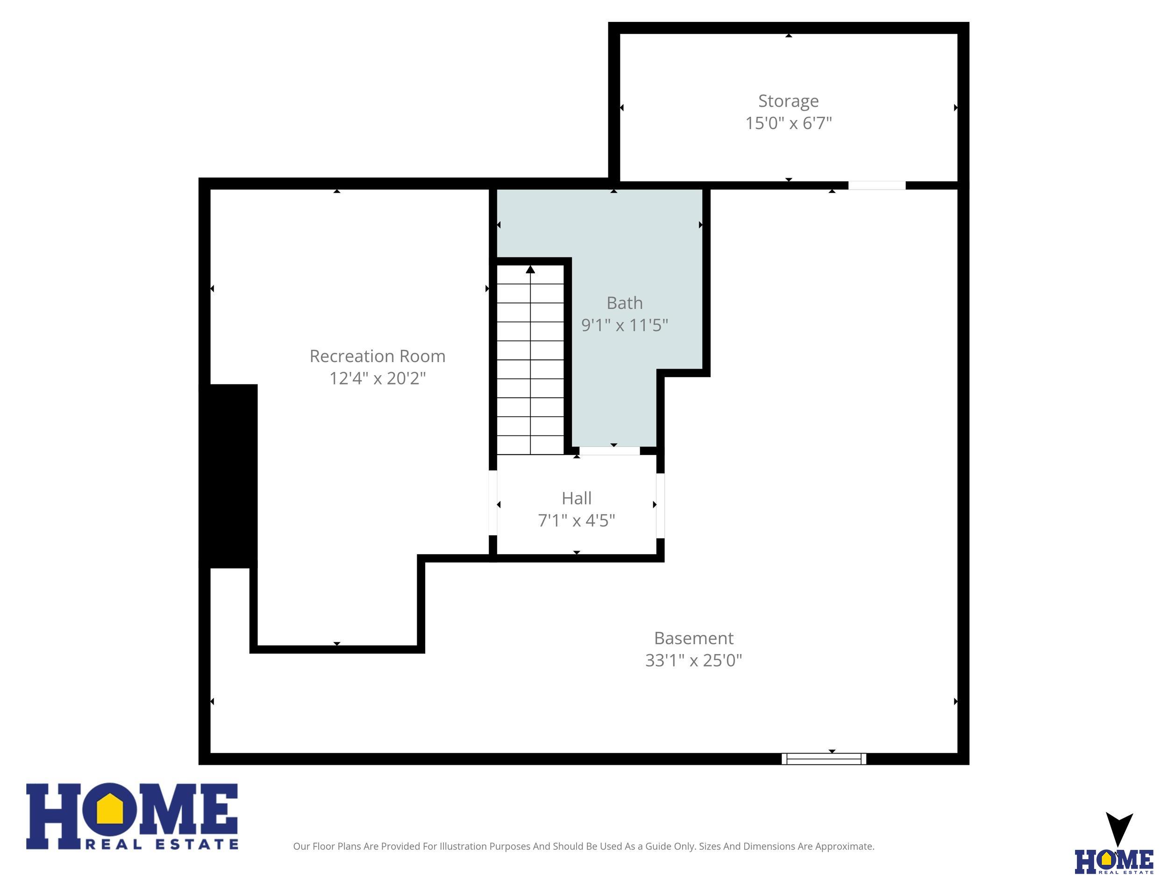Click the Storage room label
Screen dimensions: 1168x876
coord(788,101)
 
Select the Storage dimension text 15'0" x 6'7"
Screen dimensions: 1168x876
coord(788,123)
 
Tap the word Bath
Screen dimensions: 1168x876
coord(625,303)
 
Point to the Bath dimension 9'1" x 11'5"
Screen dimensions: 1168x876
coord(625,325)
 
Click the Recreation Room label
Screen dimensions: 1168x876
coord(377,356)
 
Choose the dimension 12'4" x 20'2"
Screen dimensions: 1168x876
coord(377,378)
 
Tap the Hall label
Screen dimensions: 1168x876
coord(577,498)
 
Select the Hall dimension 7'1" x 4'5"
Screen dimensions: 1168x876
coord(577,520)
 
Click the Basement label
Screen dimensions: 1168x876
coord(694,638)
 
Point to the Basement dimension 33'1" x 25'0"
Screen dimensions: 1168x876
coord(694,660)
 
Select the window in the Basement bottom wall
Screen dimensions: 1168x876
coord(824,759)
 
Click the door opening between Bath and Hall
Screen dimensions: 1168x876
coord(610,451)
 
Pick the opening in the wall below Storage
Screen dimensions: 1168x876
coord(877,185)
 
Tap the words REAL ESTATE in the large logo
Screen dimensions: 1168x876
coord(162,844)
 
